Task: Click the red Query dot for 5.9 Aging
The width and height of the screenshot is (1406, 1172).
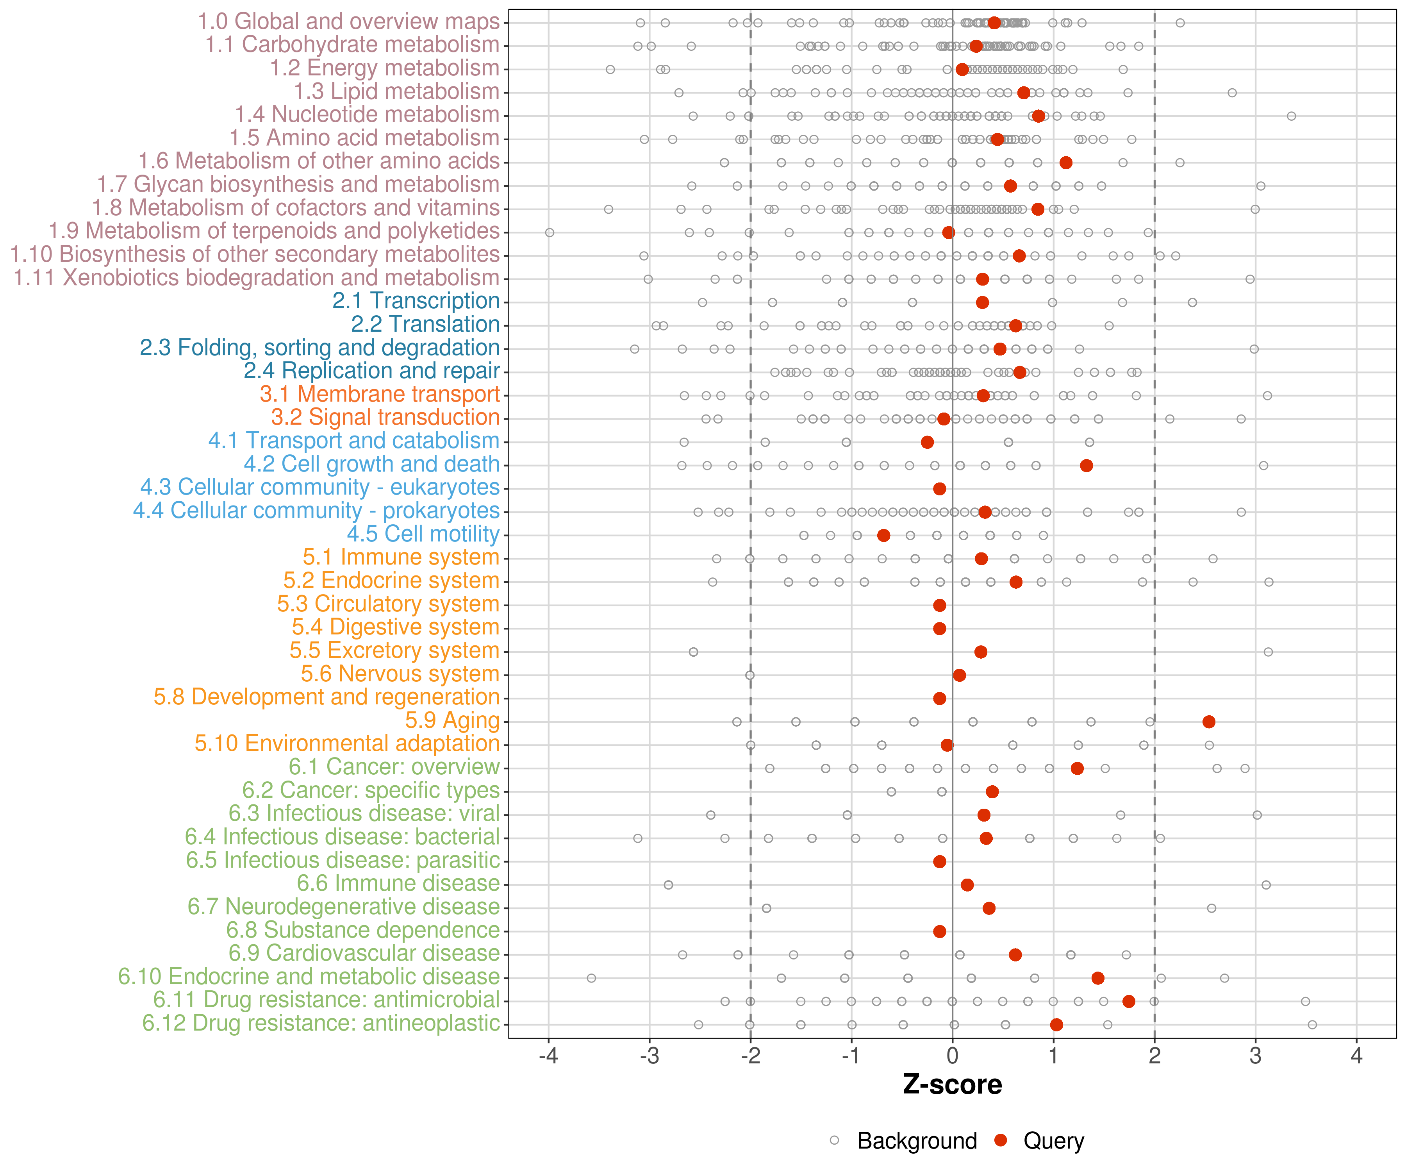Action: tap(1208, 721)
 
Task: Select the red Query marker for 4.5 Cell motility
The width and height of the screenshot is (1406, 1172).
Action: tap(884, 535)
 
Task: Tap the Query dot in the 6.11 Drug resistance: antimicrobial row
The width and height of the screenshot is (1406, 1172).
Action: tap(1129, 1001)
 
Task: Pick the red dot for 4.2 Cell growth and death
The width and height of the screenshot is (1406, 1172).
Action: tap(1087, 465)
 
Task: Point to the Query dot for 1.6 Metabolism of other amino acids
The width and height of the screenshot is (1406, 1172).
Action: tap(1066, 163)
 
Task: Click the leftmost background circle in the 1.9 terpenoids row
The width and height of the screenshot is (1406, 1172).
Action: tap(550, 232)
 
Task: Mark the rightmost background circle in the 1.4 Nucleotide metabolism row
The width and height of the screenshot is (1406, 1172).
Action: tap(1292, 116)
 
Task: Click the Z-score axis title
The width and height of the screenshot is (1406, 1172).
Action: tap(952, 1085)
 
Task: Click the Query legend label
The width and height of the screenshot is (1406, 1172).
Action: tap(1053, 1140)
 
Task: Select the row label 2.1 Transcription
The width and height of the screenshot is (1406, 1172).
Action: tap(416, 301)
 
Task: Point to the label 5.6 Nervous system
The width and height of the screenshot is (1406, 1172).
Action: tap(400, 674)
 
